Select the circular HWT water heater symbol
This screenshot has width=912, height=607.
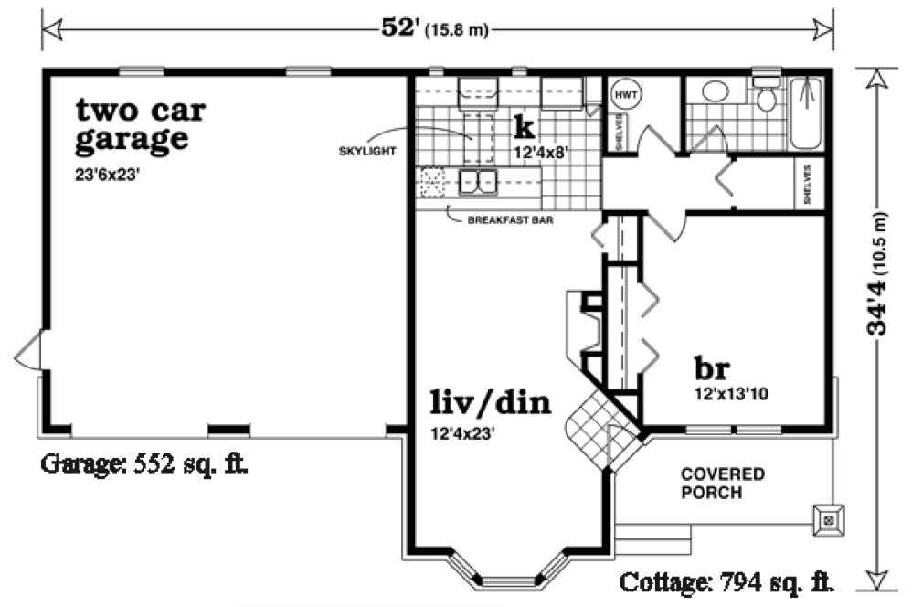(x=625, y=94)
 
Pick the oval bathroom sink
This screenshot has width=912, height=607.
(x=715, y=92)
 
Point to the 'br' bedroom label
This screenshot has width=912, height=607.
(x=711, y=368)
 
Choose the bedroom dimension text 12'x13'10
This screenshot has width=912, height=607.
(x=731, y=395)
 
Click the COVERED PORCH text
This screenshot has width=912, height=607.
(x=722, y=484)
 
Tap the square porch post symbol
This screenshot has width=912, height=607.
(x=829, y=520)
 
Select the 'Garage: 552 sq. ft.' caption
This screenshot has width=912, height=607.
(x=143, y=463)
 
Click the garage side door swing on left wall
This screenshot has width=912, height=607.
(x=27, y=351)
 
